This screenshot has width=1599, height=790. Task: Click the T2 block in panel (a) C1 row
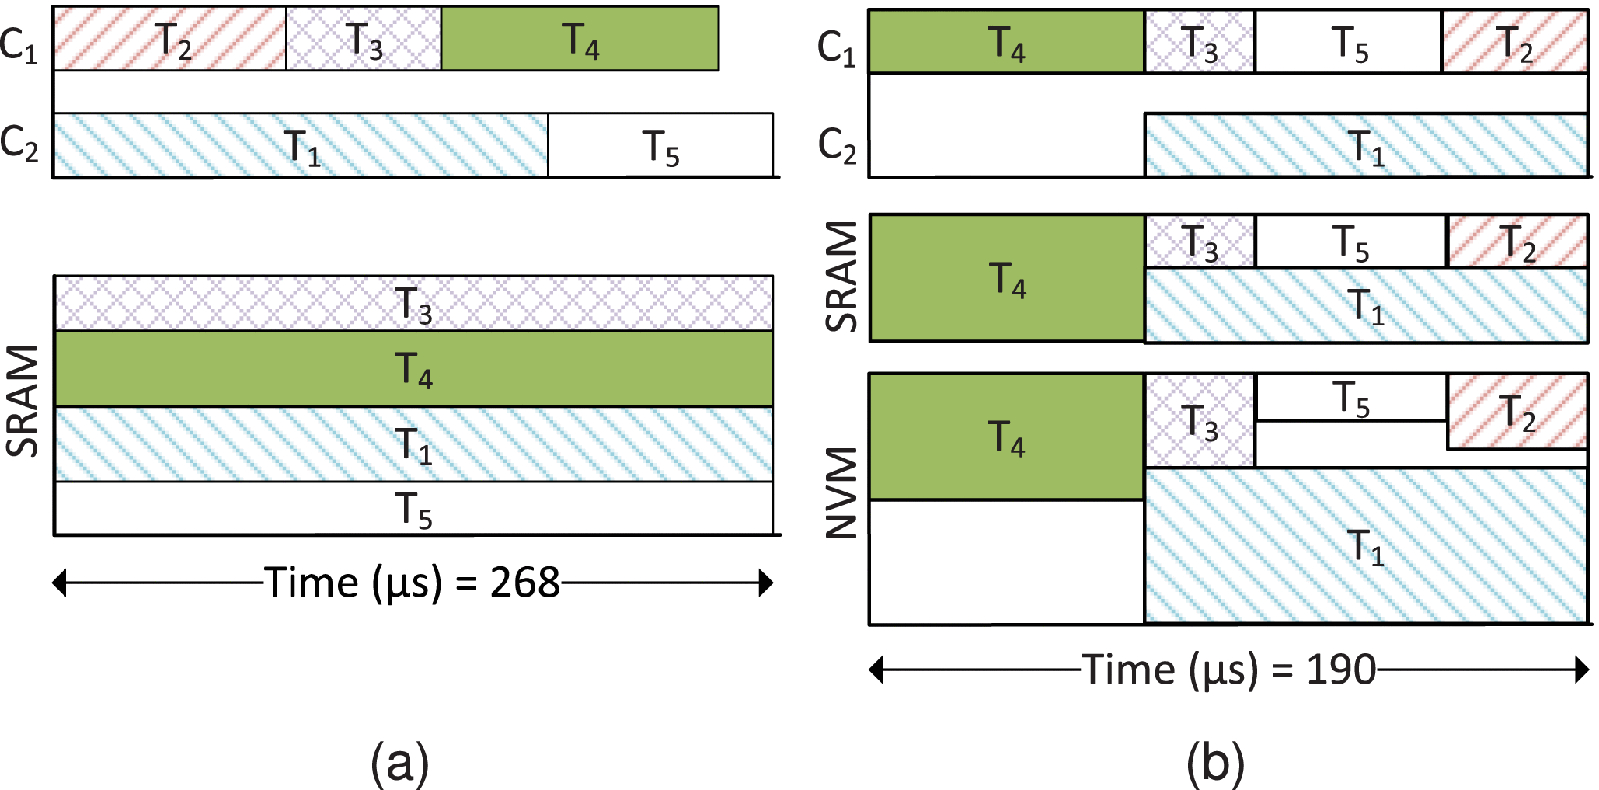pos(169,39)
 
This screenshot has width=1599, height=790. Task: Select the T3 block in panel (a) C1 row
pos(364,39)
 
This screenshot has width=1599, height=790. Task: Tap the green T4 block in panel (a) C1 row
pos(580,39)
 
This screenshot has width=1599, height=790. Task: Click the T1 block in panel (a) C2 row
pos(301,145)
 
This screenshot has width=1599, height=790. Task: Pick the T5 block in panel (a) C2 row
pos(660,145)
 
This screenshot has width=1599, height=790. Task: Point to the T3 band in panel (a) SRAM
pos(413,304)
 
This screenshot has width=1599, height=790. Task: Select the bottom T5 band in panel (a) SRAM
pos(413,509)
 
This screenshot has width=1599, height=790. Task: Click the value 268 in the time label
pos(524,583)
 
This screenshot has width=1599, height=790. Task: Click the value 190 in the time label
pos(1340,670)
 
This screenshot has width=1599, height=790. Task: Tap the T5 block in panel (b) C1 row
pos(1349,43)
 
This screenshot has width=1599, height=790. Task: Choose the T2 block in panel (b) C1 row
pos(1514,43)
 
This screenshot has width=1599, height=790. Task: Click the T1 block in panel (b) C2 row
pos(1366,146)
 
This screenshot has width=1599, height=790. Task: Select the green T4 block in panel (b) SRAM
pos(1007,278)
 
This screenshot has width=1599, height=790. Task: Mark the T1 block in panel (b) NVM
pos(1366,545)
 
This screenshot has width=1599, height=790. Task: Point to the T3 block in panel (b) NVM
pos(1200,422)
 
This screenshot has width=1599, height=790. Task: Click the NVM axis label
pos(841,492)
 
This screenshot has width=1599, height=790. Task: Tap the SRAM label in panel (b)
pos(841,277)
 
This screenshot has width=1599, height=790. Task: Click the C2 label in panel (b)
pos(836,145)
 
